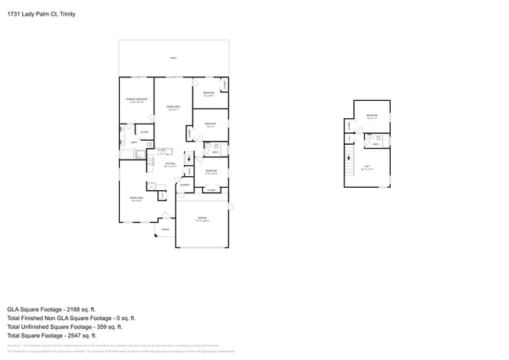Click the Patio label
tap(173, 58)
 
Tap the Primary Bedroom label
tap(136, 99)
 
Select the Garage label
tap(201, 218)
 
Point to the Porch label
tap(165, 229)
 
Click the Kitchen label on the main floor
tap(170, 164)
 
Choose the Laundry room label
tap(184, 185)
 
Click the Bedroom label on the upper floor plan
tap(371, 115)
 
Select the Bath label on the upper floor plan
tap(375, 144)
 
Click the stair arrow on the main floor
tap(189, 159)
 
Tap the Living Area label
tap(135, 199)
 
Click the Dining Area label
tap(173, 107)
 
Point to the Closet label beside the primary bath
tap(144, 131)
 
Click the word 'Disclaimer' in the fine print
tap(13, 344)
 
